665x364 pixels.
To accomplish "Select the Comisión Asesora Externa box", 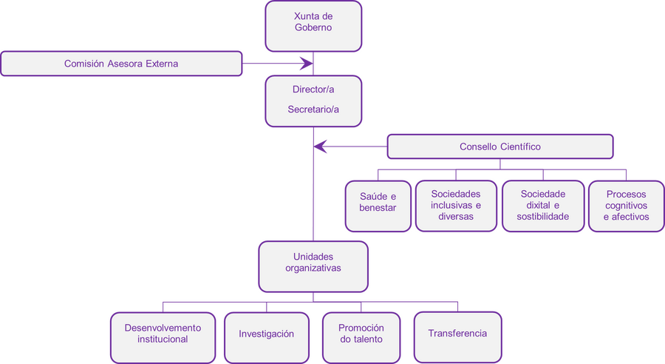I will pos(121,64).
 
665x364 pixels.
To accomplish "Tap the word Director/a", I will pos(313,90).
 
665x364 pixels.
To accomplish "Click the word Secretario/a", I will pos(313,109).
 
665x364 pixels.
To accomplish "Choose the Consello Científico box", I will pos(500,146).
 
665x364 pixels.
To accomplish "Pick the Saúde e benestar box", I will pos(378,202).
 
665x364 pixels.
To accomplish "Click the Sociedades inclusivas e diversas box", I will pos(456,205).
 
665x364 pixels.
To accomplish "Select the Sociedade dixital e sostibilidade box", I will pos(542,205).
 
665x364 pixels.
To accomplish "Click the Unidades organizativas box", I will pos(313,263).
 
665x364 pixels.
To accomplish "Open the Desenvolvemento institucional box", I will pos(163,334).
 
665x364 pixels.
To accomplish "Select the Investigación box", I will pos(266,334).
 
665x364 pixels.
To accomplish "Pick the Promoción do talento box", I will pos(361,334).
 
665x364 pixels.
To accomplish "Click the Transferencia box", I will pos(457,333).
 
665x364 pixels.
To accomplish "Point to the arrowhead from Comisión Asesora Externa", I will pos(306,64).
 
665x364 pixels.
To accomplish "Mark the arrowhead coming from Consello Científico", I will pos(321,146).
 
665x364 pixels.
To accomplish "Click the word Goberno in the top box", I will pos(313,29).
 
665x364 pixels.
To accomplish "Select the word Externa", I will pos(160,64).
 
